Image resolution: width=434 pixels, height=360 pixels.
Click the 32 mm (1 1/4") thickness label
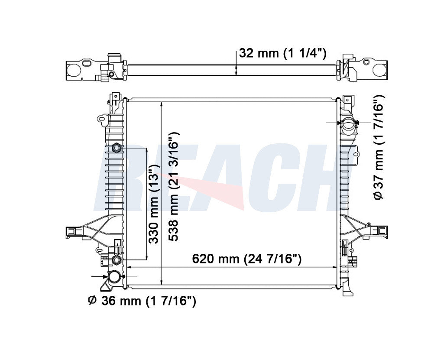click(282, 53)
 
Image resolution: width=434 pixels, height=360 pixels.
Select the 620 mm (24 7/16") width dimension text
click(246, 259)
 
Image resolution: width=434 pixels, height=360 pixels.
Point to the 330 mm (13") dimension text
click(154, 204)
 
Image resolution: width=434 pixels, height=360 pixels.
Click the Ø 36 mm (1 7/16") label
click(142, 301)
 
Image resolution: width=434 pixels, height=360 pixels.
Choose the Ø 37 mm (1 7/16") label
click(379, 147)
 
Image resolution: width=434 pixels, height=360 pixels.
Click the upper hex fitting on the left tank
click(117, 148)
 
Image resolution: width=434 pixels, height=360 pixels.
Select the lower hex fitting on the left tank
click(116, 260)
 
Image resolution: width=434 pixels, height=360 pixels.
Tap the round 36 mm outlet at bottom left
click(114, 276)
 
